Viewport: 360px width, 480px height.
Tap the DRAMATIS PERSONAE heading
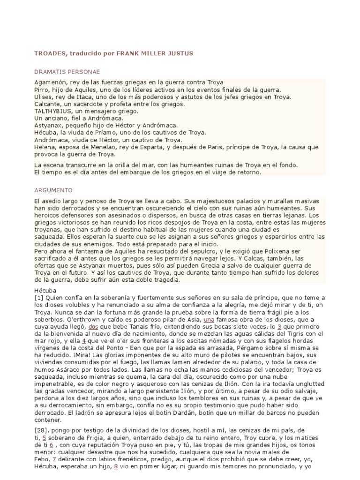coord(67,72)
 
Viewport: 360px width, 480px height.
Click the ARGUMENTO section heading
coord(52,190)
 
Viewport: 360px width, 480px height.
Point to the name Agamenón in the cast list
coord(50,82)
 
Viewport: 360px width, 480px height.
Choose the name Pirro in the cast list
coord(42,90)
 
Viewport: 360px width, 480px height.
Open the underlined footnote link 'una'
coord(219,320)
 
